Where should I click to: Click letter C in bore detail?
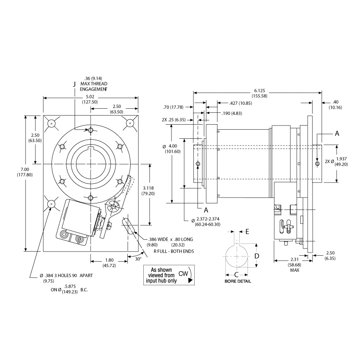[237, 274]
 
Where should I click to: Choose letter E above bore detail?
[247, 231]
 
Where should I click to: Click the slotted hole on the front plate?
[130, 227]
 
